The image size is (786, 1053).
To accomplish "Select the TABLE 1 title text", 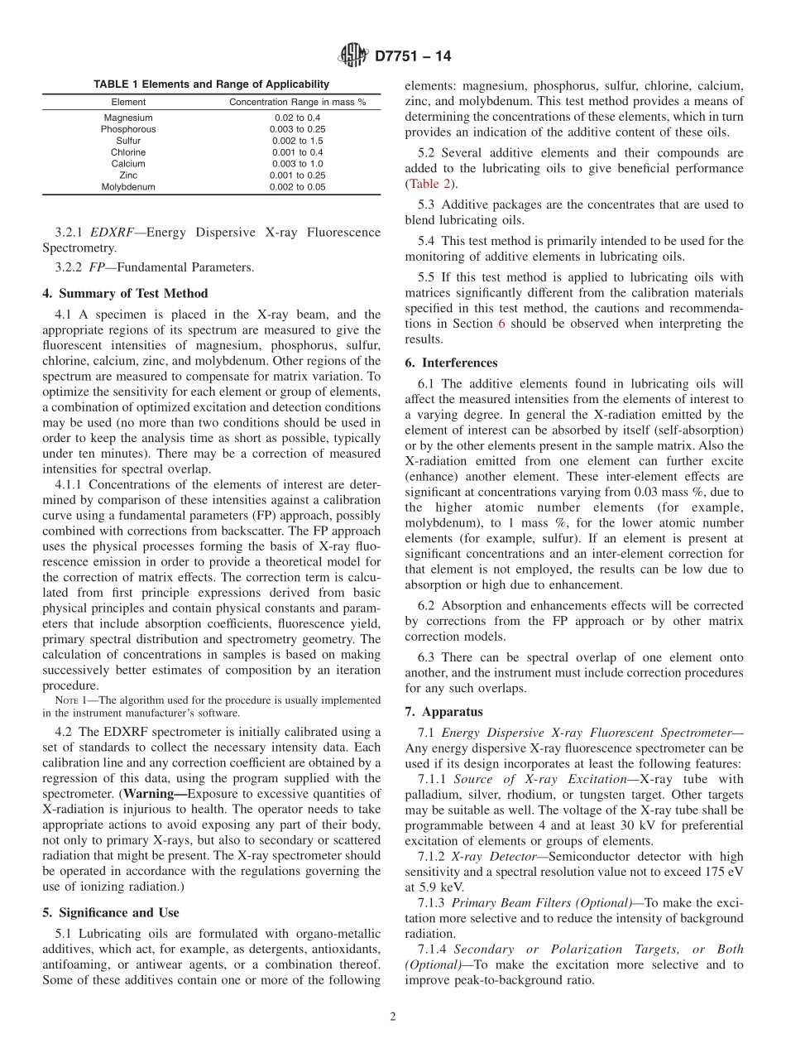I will pyautogui.click(x=211, y=84).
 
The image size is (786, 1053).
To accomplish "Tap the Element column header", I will pyautogui.click(x=128, y=103).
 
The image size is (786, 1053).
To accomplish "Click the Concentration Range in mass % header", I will pyautogui.click(x=297, y=103).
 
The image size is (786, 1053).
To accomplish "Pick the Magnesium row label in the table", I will pyautogui.click(x=128, y=118).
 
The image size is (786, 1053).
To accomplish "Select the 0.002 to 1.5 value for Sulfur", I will pyautogui.click(x=297, y=141).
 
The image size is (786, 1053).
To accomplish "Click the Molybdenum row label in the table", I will pyautogui.click(x=128, y=187).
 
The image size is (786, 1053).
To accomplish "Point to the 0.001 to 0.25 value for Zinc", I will pyautogui.click(x=297, y=175).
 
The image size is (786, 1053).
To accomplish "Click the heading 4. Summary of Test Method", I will pyautogui.click(x=125, y=293).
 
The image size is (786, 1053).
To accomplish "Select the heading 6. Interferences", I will pyautogui.click(x=451, y=363).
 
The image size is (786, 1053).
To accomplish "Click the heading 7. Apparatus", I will pyautogui.click(x=443, y=711).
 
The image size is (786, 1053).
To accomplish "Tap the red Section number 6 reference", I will pyautogui.click(x=501, y=324).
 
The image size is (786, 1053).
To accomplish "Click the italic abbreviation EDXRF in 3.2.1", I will pyautogui.click(x=113, y=232).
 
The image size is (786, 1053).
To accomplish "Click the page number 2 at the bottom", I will pyautogui.click(x=393, y=1017).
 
